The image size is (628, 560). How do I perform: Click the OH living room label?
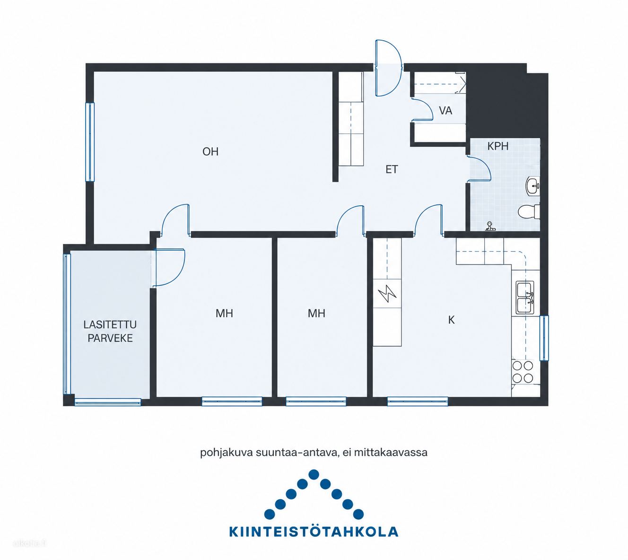pos(210,152)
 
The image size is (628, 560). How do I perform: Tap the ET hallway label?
pos(392,169)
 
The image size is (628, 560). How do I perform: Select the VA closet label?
pos(445,111)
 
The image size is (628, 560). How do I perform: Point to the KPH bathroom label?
pos(498,146)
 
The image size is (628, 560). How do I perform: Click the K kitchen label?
pos(451,320)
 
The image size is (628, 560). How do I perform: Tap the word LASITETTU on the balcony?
pos(110,324)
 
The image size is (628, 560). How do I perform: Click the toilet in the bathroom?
pos(529,212)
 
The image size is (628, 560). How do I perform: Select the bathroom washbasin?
pos(533,186)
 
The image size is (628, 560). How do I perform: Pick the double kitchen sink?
pos(525,297)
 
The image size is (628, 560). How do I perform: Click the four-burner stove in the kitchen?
pos(523,372)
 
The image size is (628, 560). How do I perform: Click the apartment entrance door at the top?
pos(388,68)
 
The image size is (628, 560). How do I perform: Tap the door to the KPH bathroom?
pos(480,169)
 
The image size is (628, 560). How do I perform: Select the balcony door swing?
pos(169,267)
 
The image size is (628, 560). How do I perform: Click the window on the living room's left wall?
pos(90,142)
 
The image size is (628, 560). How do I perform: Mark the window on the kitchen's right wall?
pos(544,338)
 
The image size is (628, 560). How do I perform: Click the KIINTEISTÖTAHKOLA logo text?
pos(314,532)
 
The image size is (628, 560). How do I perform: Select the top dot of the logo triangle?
pos(314,475)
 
